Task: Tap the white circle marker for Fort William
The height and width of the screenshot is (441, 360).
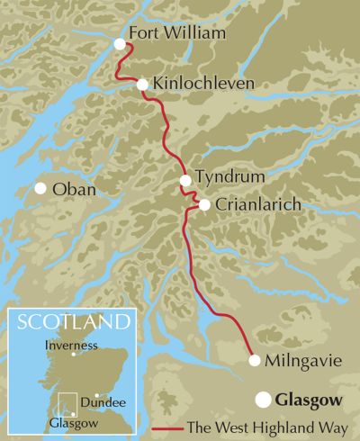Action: pyautogui.click(x=120, y=43)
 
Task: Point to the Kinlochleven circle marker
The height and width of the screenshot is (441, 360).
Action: pyautogui.click(x=142, y=85)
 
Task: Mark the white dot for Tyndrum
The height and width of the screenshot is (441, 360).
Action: pyautogui.click(x=185, y=181)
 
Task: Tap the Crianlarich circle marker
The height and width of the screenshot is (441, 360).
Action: pyautogui.click(x=204, y=205)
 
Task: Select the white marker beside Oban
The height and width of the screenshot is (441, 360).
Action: pyautogui.click(x=40, y=188)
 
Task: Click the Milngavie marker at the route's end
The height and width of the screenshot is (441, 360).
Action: pyautogui.click(x=255, y=360)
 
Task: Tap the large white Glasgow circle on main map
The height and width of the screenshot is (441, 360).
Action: pyautogui.click(x=263, y=397)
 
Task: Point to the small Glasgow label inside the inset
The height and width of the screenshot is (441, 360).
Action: pyautogui.click(x=68, y=420)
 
